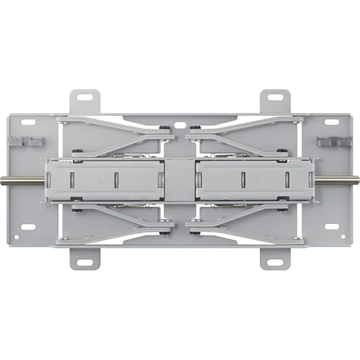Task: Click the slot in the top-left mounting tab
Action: (x=85, y=96)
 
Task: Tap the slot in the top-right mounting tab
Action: (x=274, y=96)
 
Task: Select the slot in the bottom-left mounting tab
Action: (x=85, y=262)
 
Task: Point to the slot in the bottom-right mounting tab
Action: (x=274, y=262)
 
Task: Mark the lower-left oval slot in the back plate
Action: (x=29, y=227)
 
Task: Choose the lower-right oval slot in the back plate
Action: (x=330, y=227)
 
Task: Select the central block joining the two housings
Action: (x=179, y=179)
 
